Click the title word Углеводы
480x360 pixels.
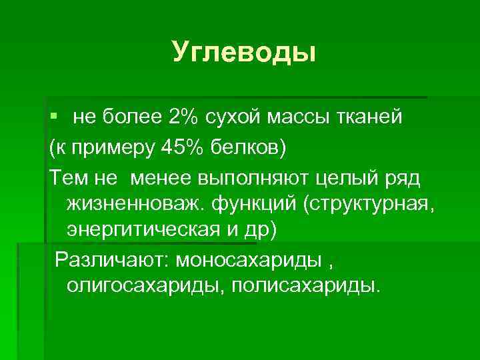tap(243, 52)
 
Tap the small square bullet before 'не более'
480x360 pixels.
tap(54, 117)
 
